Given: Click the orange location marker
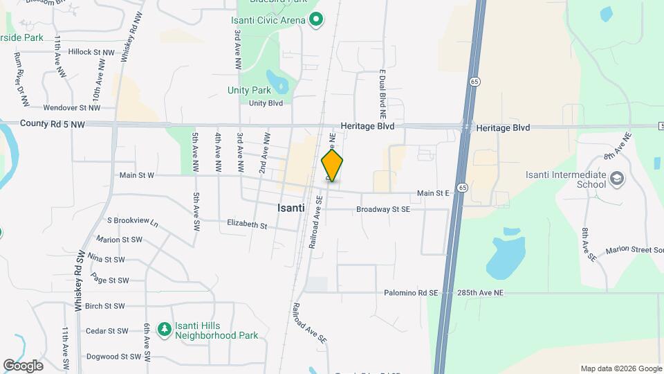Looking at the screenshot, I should [x=332, y=166].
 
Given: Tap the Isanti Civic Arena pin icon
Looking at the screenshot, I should [x=316, y=20].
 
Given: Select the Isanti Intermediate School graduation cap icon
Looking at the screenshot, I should [x=616, y=180].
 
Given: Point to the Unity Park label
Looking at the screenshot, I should [x=249, y=90].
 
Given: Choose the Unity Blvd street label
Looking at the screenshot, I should [x=266, y=103].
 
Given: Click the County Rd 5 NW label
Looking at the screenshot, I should [x=53, y=125].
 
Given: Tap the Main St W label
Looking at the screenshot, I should [x=136, y=176].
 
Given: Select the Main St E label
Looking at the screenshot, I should [x=434, y=193].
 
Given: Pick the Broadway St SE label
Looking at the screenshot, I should [x=383, y=208].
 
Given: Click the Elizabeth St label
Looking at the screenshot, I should [x=247, y=224].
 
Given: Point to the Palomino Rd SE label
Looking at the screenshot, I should [x=412, y=293].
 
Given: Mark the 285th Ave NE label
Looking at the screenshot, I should [x=480, y=293].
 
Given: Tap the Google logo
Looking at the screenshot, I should [x=23, y=365].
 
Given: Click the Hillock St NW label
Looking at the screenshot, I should [x=91, y=52].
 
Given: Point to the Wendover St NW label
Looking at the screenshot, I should [x=72, y=107].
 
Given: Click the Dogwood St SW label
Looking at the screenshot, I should [x=109, y=357].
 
